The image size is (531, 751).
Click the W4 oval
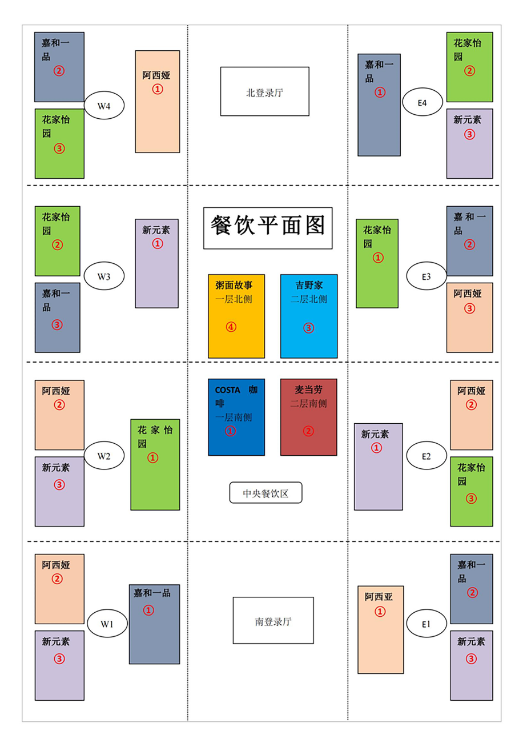pos(104,105)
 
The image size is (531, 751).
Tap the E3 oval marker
pos(427,276)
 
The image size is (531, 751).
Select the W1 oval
pos(107,624)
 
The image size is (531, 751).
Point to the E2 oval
pos(427,456)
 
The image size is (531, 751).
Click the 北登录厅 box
pos(265,91)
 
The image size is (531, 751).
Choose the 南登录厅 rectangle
pos(273,620)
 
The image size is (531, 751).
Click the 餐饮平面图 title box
pos(268,228)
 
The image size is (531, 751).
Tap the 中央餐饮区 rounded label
pos(266,492)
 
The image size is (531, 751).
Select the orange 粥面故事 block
pos(236,316)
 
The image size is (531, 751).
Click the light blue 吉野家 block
pos(309,316)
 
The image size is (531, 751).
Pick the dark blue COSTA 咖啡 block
pos(236,417)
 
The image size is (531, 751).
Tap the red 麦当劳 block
pos(309,417)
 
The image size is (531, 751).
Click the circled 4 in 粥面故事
pos(231,327)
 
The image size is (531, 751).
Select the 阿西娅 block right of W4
pos(158,102)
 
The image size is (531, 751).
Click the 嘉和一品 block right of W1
pos(155,624)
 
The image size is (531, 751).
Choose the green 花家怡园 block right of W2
pos(155,465)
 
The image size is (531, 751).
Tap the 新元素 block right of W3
pos(157,263)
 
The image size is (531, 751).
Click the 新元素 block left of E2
pos(379,467)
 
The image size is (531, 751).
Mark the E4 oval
pos(423,102)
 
